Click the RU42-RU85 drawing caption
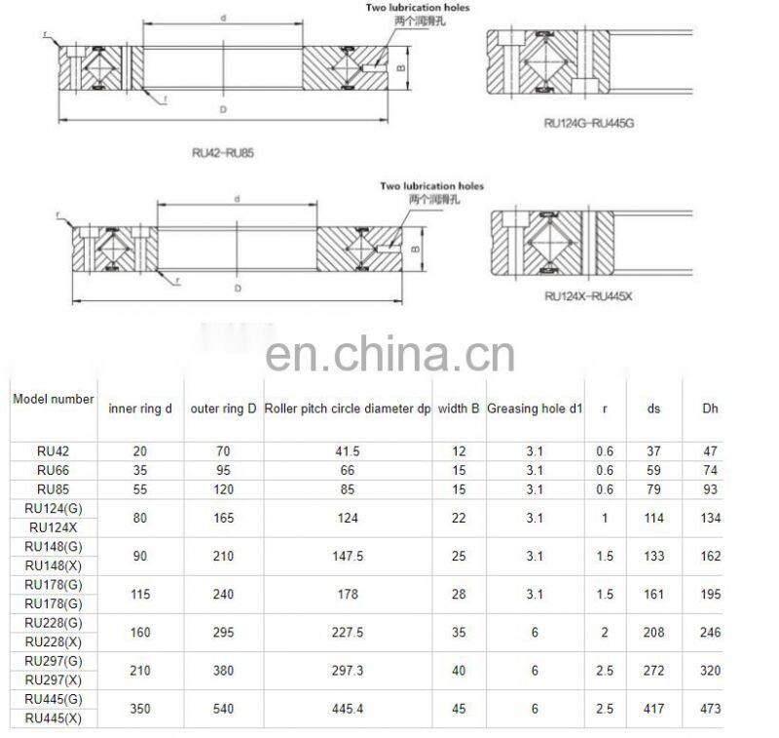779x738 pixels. pyautogui.click(x=223, y=153)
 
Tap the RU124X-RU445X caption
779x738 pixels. pyautogui.click(x=588, y=295)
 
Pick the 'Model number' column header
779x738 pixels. pyautogui.click(x=54, y=399)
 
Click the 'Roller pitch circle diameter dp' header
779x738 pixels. pyautogui.click(x=348, y=409)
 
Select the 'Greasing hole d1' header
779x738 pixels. pyautogui.click(x=535, y=409)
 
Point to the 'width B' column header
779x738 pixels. pyautogui.click(x=458, y=409)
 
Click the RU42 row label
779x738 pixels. pyautogui.click(x=53, y=451)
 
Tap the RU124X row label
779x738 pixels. pyautogui.click(x=53, y=527)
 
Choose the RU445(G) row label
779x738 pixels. pyautogui.click(x=53, y=698)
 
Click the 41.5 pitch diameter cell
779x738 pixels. pyautogui.click(x=347, y=452)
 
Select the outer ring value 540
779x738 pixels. pyautogui.click(x=222, y=709)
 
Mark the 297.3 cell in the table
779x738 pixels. pyautogui.click(x=347, y=671)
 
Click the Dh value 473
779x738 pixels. pyautogui.click(x=710, y=709)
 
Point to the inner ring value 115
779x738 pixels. pyautogui.click(x=140, y=595)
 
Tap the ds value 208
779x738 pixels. pyautogui.click(x=653, y=633)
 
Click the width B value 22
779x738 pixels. pyautogui.click(x=459, y=519)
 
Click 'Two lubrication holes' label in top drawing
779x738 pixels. pyautogui.click(x=417, y=8)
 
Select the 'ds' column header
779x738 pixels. pyautogui.click(x=653, y=409)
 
